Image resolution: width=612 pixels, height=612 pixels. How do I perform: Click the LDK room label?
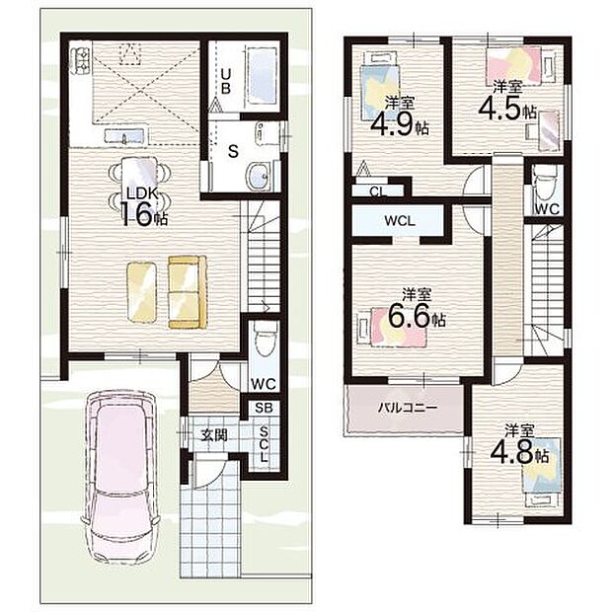[141, 194]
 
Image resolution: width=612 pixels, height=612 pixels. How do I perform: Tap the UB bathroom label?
[226, 81]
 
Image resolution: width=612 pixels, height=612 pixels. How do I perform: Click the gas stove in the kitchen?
[82, 59]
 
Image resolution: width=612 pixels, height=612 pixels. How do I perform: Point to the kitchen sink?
[124, 136]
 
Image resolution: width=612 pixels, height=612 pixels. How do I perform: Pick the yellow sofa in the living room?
[188, 291]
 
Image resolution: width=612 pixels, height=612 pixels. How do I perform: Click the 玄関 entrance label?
[214, 434]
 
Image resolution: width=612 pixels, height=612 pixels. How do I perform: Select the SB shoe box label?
[264, 408]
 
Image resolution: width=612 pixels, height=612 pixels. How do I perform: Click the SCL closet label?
[265, 444]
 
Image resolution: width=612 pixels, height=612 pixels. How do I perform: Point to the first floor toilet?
[264, 339]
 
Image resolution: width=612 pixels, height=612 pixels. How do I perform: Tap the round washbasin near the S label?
[259, 176]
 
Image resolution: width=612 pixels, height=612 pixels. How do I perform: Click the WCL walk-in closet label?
[400, 221]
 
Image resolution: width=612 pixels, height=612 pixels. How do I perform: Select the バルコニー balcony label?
[408, 409]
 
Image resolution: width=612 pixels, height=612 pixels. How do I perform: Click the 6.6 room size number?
[411, 316]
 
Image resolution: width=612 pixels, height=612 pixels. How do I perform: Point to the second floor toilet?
[546, 186]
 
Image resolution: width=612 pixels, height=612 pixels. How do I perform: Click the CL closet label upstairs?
[378, 191]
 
